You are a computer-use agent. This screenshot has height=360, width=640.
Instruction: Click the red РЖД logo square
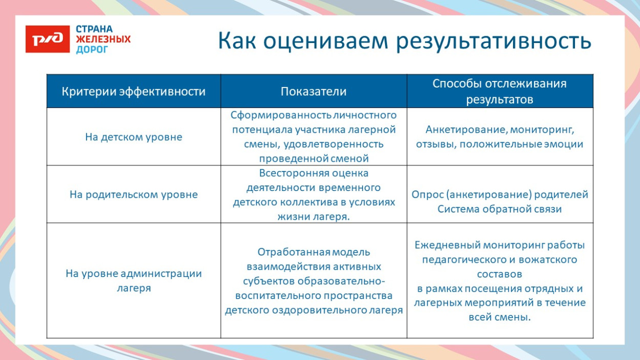coord(47,39)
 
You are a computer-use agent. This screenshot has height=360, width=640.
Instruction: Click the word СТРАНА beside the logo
coord(94,29)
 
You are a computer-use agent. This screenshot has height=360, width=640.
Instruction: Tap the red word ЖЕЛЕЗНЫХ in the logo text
coord(103,39)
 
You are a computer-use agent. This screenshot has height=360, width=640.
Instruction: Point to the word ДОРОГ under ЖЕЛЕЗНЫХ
coord(92,50)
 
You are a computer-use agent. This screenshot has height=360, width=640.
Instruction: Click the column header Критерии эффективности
coord(134,92)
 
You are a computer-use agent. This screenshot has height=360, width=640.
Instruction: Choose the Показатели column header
coord(313,92)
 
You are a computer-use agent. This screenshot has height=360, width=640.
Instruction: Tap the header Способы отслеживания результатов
coord(499,91)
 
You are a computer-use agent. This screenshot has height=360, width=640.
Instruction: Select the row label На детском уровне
coord(134,137)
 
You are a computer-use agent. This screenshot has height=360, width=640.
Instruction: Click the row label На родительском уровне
coord(134,195)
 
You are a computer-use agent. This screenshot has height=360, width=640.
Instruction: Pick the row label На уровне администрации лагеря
coord(134,280)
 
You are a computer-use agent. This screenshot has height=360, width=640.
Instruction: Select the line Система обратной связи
coord(499,209)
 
